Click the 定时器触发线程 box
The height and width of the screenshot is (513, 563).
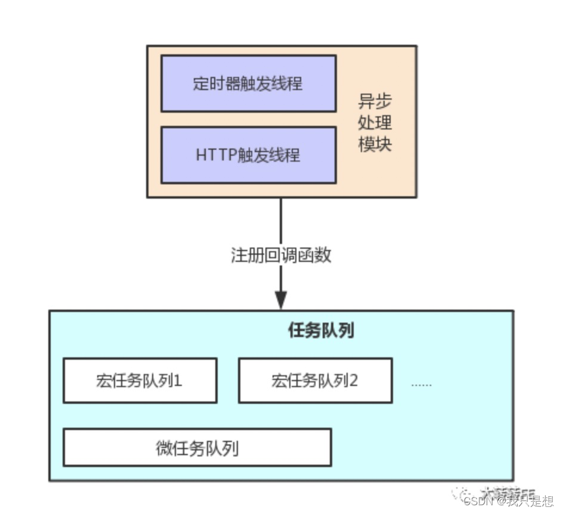[248, 84]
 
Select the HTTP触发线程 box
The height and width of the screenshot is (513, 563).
[248, 155]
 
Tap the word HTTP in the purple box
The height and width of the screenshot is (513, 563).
[212, 155]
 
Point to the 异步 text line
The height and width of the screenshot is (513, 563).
[375, 101]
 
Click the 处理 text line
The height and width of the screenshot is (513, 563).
[375, 123]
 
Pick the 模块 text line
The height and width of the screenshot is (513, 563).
[375, 144]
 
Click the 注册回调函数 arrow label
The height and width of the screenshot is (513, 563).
[281, 255]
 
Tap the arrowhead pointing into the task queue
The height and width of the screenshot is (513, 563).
[281, 300]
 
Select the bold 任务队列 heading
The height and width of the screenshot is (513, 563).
[321, 330]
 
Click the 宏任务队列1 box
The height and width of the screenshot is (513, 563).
[140, 381]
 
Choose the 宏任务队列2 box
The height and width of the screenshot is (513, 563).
[315, 381]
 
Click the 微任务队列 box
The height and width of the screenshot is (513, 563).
[197, 447]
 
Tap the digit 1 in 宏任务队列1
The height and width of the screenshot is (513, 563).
[178, 381]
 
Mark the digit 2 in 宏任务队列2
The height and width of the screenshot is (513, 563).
[353, 381]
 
